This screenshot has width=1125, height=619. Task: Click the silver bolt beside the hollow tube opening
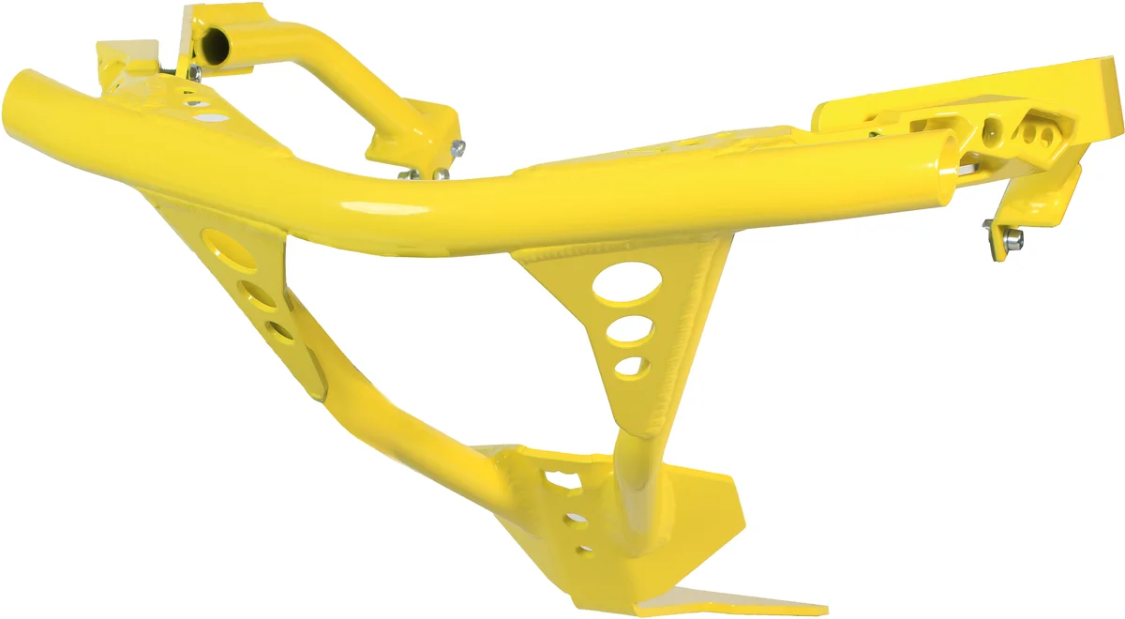[193, 71]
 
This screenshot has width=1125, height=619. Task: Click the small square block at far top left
[116, 56]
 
